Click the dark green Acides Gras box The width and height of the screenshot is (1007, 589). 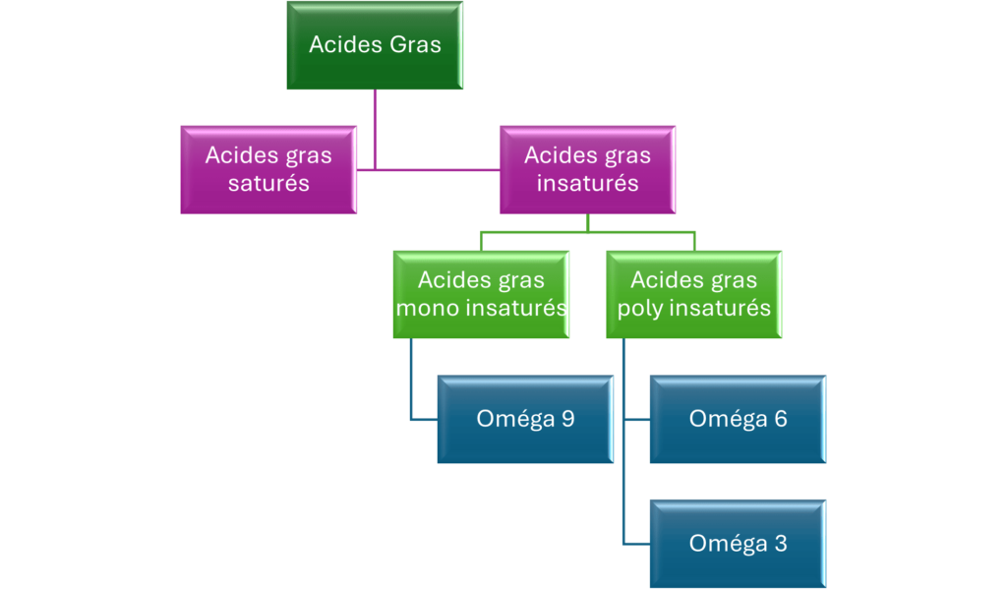point(375,45)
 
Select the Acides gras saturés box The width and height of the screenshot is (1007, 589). point(268,169)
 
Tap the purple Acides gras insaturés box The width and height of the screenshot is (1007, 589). point(588,169)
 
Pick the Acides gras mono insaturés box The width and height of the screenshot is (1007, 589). point(481,294)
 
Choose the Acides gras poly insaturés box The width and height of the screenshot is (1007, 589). point(694,294)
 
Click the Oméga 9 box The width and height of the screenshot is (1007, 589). point(525,419)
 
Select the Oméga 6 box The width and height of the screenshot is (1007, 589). point(738,419)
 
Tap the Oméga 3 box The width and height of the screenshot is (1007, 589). point(738,544)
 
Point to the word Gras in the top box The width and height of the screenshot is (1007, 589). point(416,44)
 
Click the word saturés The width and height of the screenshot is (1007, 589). point(268,183)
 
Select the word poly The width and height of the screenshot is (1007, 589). point(640,309)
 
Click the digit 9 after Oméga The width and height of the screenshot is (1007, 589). point(567,419)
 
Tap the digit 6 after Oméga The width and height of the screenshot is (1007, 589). point(781,419)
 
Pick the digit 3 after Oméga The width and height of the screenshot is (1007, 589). point(781,544)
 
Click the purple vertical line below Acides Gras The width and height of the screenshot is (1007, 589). point(375,129)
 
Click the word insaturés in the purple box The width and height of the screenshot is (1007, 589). point(588,183)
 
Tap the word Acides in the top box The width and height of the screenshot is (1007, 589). point(345,44)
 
